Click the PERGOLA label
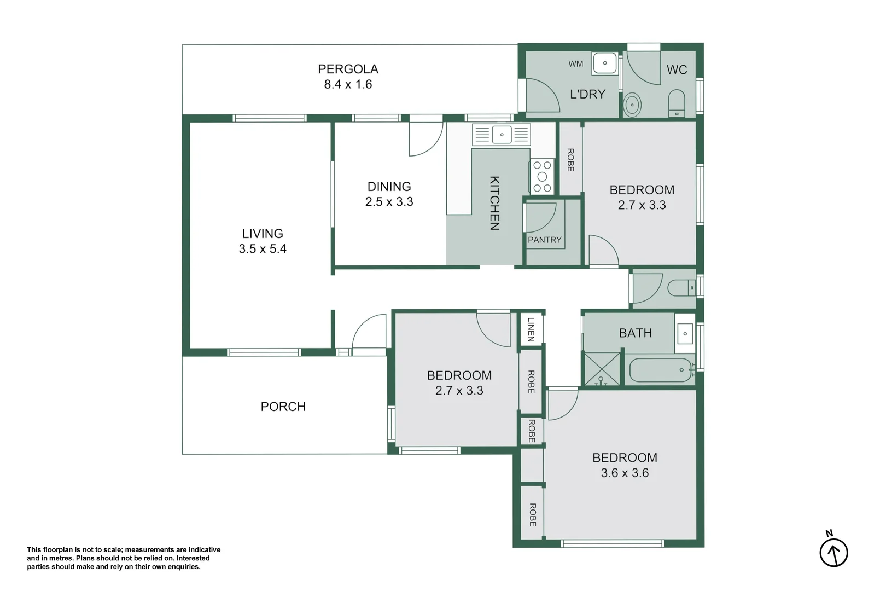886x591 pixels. point(348,69)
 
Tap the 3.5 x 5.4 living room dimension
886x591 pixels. point(263,248)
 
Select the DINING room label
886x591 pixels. point(389,187)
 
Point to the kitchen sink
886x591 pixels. point(502,135)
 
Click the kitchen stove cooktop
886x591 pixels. point(543,177)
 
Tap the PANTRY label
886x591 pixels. point(545,240)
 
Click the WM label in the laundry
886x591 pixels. point(575,63)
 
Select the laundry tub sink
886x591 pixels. point(605,63)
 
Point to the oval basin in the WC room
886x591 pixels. point(632,105)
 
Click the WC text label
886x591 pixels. point(677,69)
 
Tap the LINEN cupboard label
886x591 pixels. point(531,329)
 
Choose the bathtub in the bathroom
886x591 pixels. point(660,370)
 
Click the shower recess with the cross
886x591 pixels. point(602,369)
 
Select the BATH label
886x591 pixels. point(635,333)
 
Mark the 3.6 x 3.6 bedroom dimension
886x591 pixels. point(625,473)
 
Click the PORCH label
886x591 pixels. point(283,407)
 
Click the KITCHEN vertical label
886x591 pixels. point(494,203)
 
